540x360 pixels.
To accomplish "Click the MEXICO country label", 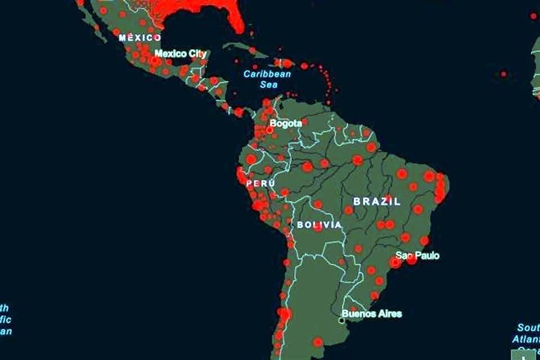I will [140, 38].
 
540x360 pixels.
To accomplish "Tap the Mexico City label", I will [181, 54].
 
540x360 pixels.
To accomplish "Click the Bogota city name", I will [286, 123].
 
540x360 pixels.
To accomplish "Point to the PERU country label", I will [260, 183].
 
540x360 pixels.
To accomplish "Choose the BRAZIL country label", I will [377, 201].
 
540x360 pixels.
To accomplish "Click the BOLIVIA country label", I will [319, 224].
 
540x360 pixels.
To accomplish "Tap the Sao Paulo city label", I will [417, 255].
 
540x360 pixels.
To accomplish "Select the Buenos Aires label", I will [372, 313].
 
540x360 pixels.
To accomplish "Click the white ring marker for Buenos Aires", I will [341, 321].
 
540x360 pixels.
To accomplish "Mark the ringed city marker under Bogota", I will [269, 130].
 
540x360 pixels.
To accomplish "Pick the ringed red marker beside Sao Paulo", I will [396, 262].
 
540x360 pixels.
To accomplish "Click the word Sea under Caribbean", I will [268, 84].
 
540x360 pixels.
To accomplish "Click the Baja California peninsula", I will [93, 22].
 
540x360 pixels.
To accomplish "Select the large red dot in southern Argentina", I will [318, 341].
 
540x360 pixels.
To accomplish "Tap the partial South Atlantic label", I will [528, 334].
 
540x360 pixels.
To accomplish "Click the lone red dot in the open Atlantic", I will [503, 74].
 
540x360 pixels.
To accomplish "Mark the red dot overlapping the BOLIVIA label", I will [318, 227].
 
